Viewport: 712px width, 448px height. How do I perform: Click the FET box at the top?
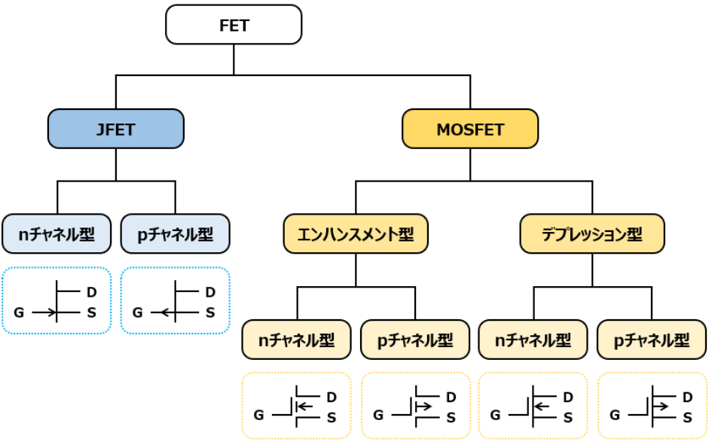pos(234,25)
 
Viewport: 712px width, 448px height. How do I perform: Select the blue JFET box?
pos(116,129)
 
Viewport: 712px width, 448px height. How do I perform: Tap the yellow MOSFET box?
pos(470,129)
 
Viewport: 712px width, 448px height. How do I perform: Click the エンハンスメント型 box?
pos(356,233)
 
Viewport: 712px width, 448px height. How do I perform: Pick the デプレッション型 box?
pos(592,233)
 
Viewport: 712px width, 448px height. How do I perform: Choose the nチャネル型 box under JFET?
pos(57,233)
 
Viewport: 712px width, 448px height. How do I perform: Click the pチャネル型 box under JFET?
pos(176,233)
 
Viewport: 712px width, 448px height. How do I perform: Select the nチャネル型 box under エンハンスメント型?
pos(297,340)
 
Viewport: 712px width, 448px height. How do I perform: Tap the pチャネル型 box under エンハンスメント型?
pos(415,340)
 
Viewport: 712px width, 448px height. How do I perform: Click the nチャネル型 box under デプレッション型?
pos(533,340)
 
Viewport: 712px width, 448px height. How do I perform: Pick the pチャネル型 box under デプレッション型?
pos(652,340)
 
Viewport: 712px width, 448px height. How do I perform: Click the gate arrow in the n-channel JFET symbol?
pos(44,312)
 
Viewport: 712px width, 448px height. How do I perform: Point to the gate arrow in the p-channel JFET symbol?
pos(163,312)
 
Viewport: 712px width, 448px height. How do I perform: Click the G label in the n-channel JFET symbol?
pos(19,312)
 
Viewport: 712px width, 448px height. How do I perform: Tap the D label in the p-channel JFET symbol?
pos(209,292)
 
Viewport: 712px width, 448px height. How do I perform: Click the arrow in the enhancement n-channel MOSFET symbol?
pos(304,407)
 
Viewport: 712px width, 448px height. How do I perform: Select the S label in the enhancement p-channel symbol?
pos(451,418)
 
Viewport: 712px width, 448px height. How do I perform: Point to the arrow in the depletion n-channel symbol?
pos(542,407)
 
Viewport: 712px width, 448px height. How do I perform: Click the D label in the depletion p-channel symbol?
pos(687,397)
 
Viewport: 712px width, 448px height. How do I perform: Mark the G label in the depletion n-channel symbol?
pos(496,414)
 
